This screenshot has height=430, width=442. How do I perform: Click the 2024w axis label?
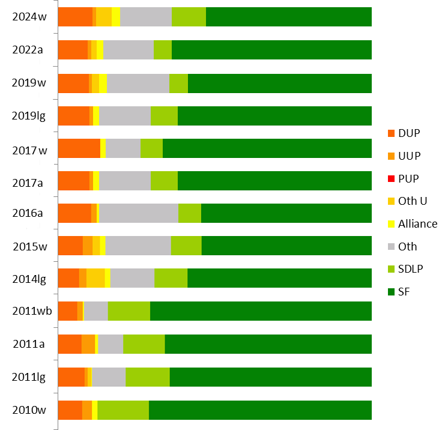29,17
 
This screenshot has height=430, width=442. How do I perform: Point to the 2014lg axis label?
29,279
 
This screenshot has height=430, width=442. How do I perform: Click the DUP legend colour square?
392,133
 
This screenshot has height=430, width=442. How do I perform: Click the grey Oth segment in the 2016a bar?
139,213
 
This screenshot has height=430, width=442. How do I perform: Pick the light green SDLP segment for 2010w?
123,410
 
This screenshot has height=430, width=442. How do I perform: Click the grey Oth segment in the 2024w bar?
146,17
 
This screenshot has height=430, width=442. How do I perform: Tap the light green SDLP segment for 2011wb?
129,311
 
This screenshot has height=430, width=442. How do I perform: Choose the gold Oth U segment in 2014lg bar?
95,279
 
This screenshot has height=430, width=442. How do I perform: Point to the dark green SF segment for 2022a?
271,50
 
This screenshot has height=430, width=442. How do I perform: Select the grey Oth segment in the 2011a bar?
110,344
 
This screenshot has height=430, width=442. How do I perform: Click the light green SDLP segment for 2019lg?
164,115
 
